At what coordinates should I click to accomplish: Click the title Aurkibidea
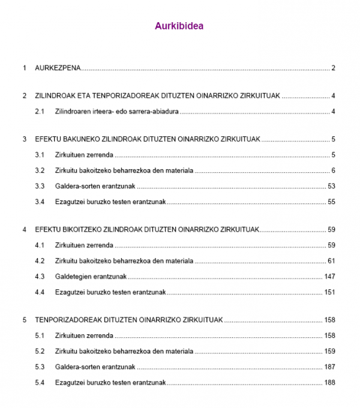(179, 26)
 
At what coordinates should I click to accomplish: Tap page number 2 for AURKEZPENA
(332, 68)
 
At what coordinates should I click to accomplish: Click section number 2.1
(40, 112)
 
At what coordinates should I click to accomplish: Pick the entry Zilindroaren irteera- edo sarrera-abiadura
(117, 112)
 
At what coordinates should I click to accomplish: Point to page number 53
(331, 186)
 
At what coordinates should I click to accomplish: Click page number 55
(331, 202)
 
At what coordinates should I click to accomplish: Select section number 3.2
(40, 170)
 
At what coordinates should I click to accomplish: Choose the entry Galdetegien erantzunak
(91, 277)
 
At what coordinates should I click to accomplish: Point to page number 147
(329, 277)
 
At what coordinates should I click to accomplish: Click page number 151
(329, 292)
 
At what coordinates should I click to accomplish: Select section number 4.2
(40, 261)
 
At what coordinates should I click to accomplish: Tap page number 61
(331, 261)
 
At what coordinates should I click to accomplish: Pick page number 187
(329, 367)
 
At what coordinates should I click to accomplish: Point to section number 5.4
(40, 382)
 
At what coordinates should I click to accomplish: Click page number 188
(329, 382)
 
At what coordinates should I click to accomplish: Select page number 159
(329, 351)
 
